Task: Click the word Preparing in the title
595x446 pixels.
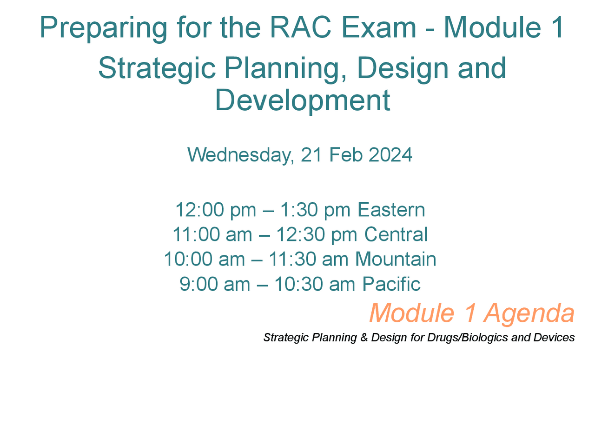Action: coord(103,28)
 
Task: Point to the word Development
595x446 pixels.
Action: coord(302,100)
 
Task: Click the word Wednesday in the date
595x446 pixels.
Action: coord(240,155)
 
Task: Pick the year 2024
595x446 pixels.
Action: coord(390,155)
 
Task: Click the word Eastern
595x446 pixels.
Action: coord(391,210)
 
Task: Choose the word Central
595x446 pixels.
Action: coord(396,234)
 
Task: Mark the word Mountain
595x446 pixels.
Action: coord(396,259)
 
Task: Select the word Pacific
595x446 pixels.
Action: coord(391,284)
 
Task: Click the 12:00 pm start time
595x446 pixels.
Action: coord(215,210)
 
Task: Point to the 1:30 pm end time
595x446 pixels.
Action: coord(315,210)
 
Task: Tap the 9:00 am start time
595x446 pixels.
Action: coord(215,284)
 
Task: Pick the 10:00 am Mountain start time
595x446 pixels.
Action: coord(205,259)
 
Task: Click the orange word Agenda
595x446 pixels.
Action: coord(529,313)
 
